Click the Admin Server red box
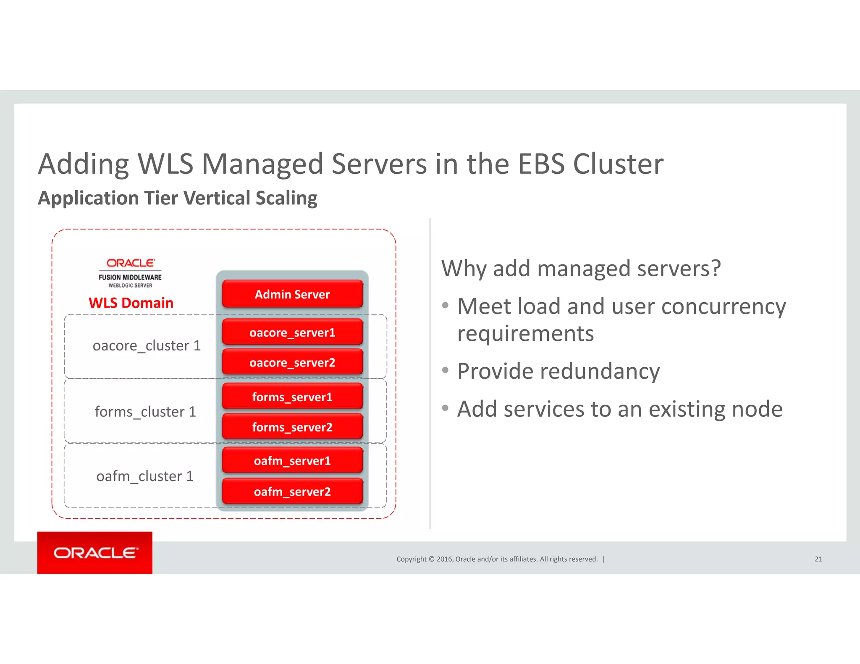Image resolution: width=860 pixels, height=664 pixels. [x=292, y=294]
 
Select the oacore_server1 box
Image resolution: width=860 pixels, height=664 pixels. [x=292, y=332]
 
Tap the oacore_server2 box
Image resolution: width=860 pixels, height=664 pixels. [x=292, y=362]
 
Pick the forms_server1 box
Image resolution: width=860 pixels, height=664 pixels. [x=292, y=397]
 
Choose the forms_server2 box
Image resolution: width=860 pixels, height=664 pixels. [x=292, y=427]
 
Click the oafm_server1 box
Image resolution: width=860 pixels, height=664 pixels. [x=292, y=460]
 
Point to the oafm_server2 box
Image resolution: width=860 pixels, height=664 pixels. [x=292, y=491]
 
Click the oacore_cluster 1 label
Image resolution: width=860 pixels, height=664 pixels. [x=147, y=345]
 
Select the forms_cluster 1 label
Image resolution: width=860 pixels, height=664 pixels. [x=145, y=411]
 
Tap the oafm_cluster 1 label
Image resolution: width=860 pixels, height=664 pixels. [x=145, y=476]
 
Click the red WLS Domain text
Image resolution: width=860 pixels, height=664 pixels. [x=131, y=303]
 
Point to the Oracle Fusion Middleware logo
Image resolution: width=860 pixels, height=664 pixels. [x=130, y=273]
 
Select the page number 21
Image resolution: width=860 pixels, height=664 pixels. [x=818, y=559]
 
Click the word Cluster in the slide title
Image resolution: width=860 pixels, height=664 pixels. [x=618, y=164]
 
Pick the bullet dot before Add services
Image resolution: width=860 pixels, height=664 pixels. [x=446, y=408]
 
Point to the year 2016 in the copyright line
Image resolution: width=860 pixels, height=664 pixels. [x=444, y=559]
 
